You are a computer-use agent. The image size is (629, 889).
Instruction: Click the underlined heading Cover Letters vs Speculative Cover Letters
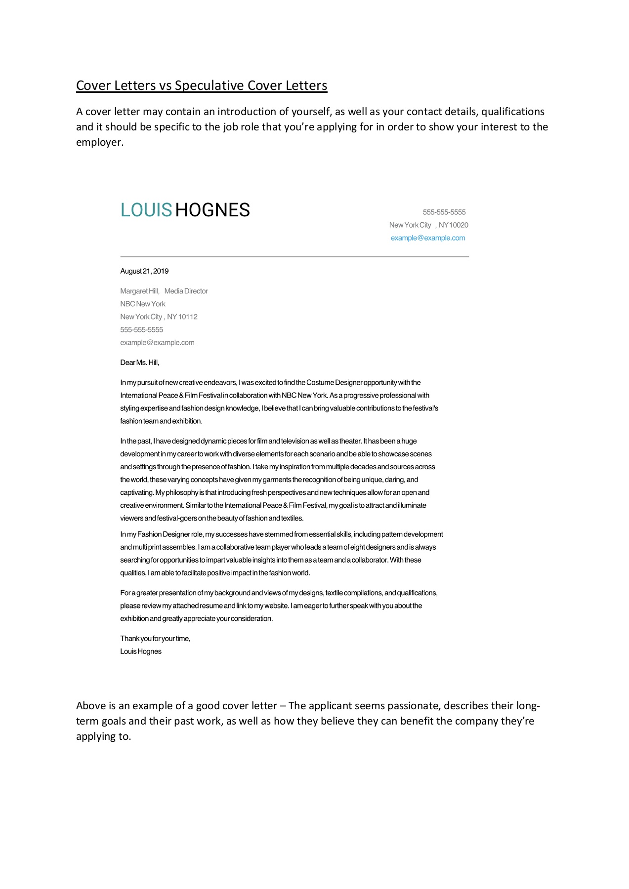coord(201,85)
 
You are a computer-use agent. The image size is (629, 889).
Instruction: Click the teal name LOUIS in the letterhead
coord(146,210)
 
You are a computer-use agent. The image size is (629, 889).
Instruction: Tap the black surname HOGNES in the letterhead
coord(212,210)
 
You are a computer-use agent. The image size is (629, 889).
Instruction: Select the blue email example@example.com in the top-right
coord(427,238)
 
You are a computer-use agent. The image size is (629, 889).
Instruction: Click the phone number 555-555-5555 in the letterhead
coord(444,212)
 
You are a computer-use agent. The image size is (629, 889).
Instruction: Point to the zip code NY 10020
coord(453,225)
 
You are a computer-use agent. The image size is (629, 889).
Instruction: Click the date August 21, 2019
coord(144,271)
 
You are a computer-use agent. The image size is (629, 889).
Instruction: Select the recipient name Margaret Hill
coord(139,291)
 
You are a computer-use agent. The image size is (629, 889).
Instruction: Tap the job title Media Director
coord(186,291)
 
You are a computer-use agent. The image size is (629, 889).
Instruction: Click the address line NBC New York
coord(142,304)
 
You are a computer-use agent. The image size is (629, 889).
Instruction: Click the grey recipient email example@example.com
coord(157,343)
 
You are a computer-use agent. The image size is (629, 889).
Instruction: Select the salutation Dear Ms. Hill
coord(139,363)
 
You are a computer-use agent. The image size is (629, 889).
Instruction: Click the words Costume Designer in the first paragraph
coord(334,383)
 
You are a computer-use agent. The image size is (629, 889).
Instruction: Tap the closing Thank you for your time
coord(155,639)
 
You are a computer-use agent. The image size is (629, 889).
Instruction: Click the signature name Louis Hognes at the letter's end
coord(140,651)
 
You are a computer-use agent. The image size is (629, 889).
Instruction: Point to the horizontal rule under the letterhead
coord(294,257)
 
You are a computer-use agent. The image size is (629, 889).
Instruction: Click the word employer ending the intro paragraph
coord(99,143)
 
